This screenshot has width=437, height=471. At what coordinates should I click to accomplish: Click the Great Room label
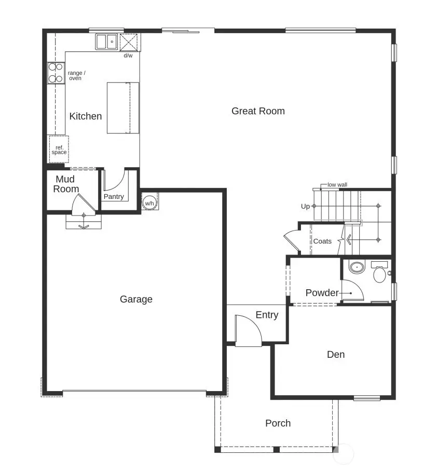pos(258,111)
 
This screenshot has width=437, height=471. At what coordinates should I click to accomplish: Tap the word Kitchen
pos(86,116)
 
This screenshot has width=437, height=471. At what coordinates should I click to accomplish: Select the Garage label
pos(136,299)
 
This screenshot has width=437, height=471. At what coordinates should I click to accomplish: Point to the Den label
pos(336,355)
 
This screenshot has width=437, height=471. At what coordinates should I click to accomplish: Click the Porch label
pos(278,423)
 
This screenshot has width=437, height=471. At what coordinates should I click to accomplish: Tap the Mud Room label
pos(66,184)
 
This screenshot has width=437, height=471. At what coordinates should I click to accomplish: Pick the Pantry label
pos(114,197)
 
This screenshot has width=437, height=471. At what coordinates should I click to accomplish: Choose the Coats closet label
pos(322,241)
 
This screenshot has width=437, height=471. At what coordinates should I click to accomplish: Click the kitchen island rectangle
pos(123,108)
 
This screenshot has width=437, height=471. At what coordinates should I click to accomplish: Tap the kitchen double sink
pos(106,42)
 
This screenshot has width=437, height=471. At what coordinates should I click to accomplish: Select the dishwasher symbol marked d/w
pos(128,42)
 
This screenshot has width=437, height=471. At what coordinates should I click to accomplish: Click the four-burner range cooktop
pos(55,73)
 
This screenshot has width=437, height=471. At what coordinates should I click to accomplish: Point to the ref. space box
pos(59,150)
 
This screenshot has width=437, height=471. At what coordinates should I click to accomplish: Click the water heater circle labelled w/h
pos(149,203)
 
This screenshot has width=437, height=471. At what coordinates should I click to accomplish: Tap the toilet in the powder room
pos(379,273)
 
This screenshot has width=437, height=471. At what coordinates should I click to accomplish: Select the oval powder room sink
pos(356,268)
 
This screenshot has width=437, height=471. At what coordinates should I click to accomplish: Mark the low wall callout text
pos(337,185)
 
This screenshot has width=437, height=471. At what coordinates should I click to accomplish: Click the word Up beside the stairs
pos(305,206)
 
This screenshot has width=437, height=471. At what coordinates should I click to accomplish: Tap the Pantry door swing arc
pos(115,180)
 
